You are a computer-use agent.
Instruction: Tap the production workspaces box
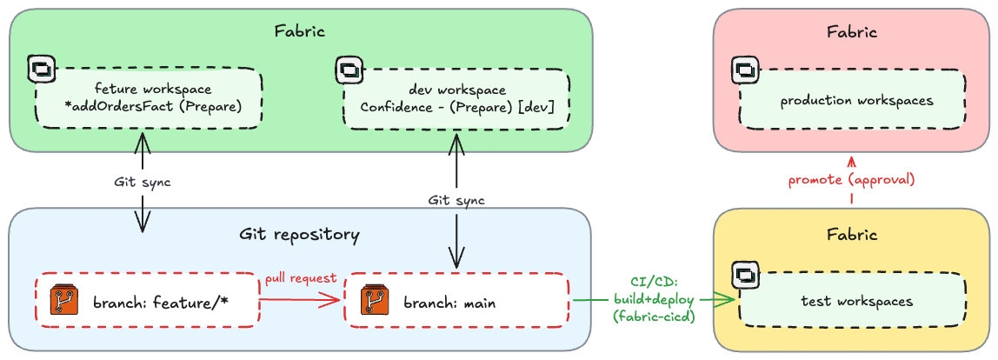pyautogui.click(x=853, y=101)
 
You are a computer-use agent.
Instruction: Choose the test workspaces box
pyautogui.click(x=853, y=300)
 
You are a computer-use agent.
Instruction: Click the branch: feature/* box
pyautogui.click(x=148, y=300)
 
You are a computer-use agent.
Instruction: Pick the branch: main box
pyautogui.click(x=457, y=300)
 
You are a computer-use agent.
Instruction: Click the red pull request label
pyautogui.click(x=301, y=278)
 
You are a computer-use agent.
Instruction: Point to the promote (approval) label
pyautogui.click(x=852, y=180)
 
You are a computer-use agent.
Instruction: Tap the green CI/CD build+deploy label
pyautogui.click(x=655, y=299)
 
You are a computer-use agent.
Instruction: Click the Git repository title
pyautogui.click(x=299, y=235)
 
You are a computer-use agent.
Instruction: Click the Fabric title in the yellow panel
pyautogui.click(x=852, y=234)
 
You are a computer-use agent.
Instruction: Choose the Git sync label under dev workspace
pyautogui.click(x=456, y=201)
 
